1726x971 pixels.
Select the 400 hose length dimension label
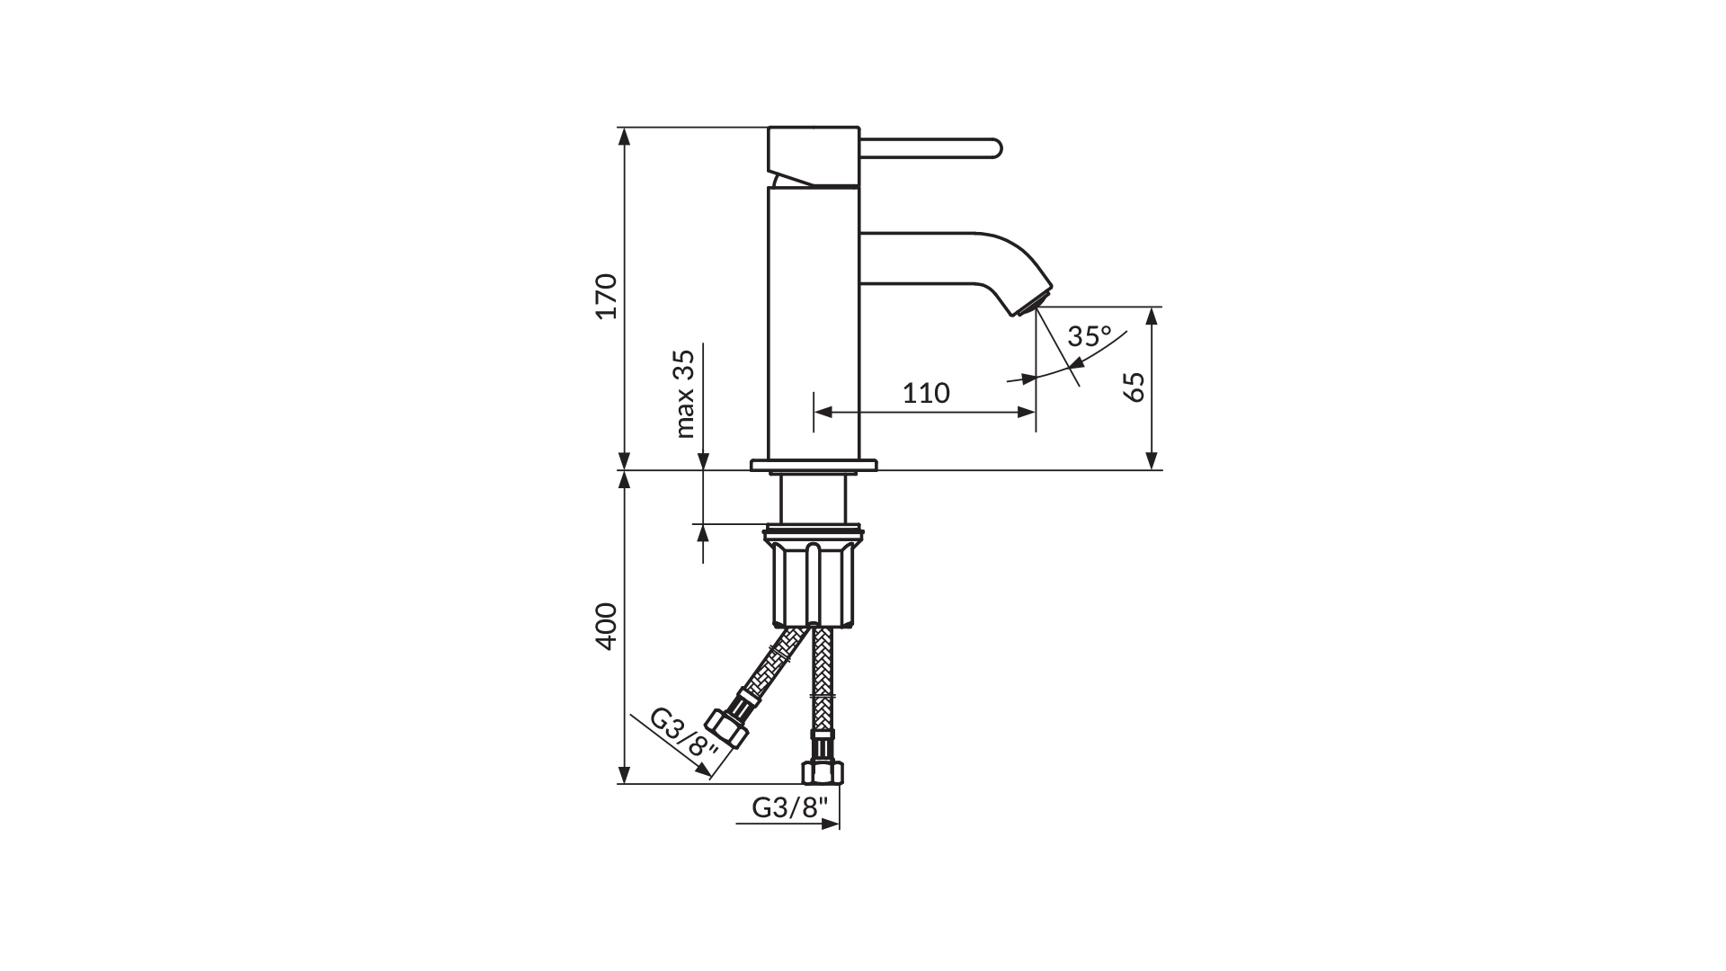(609, 626)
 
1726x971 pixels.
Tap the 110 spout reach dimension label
(926, 393)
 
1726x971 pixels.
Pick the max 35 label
(685, 394)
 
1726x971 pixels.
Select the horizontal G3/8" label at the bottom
(788, 807)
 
